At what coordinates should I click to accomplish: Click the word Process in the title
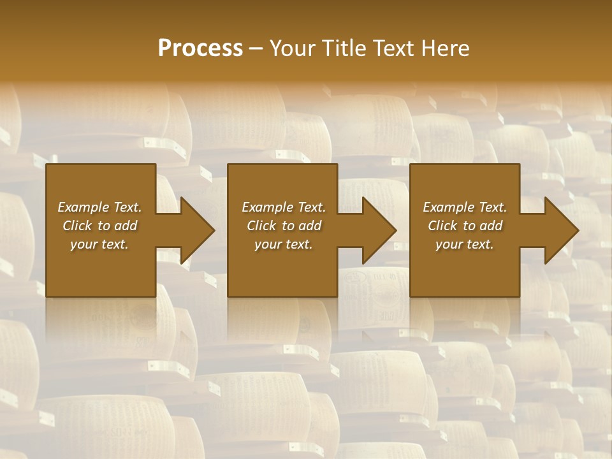200,48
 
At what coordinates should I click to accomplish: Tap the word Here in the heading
444,48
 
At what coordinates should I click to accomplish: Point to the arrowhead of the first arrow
198,230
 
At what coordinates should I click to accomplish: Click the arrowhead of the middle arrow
380,230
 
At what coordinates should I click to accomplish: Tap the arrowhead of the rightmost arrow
562,230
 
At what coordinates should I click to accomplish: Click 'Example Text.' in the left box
99,207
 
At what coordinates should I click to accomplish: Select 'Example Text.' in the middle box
284,207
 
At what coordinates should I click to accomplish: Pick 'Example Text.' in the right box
465,207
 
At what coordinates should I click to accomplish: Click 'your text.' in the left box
99,244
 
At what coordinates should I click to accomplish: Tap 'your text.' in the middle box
284,244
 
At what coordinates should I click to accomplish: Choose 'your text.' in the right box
465,244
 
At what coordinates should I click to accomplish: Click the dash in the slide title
256,49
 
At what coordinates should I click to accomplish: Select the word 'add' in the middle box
309,226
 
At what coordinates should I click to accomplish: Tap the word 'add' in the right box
490,226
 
